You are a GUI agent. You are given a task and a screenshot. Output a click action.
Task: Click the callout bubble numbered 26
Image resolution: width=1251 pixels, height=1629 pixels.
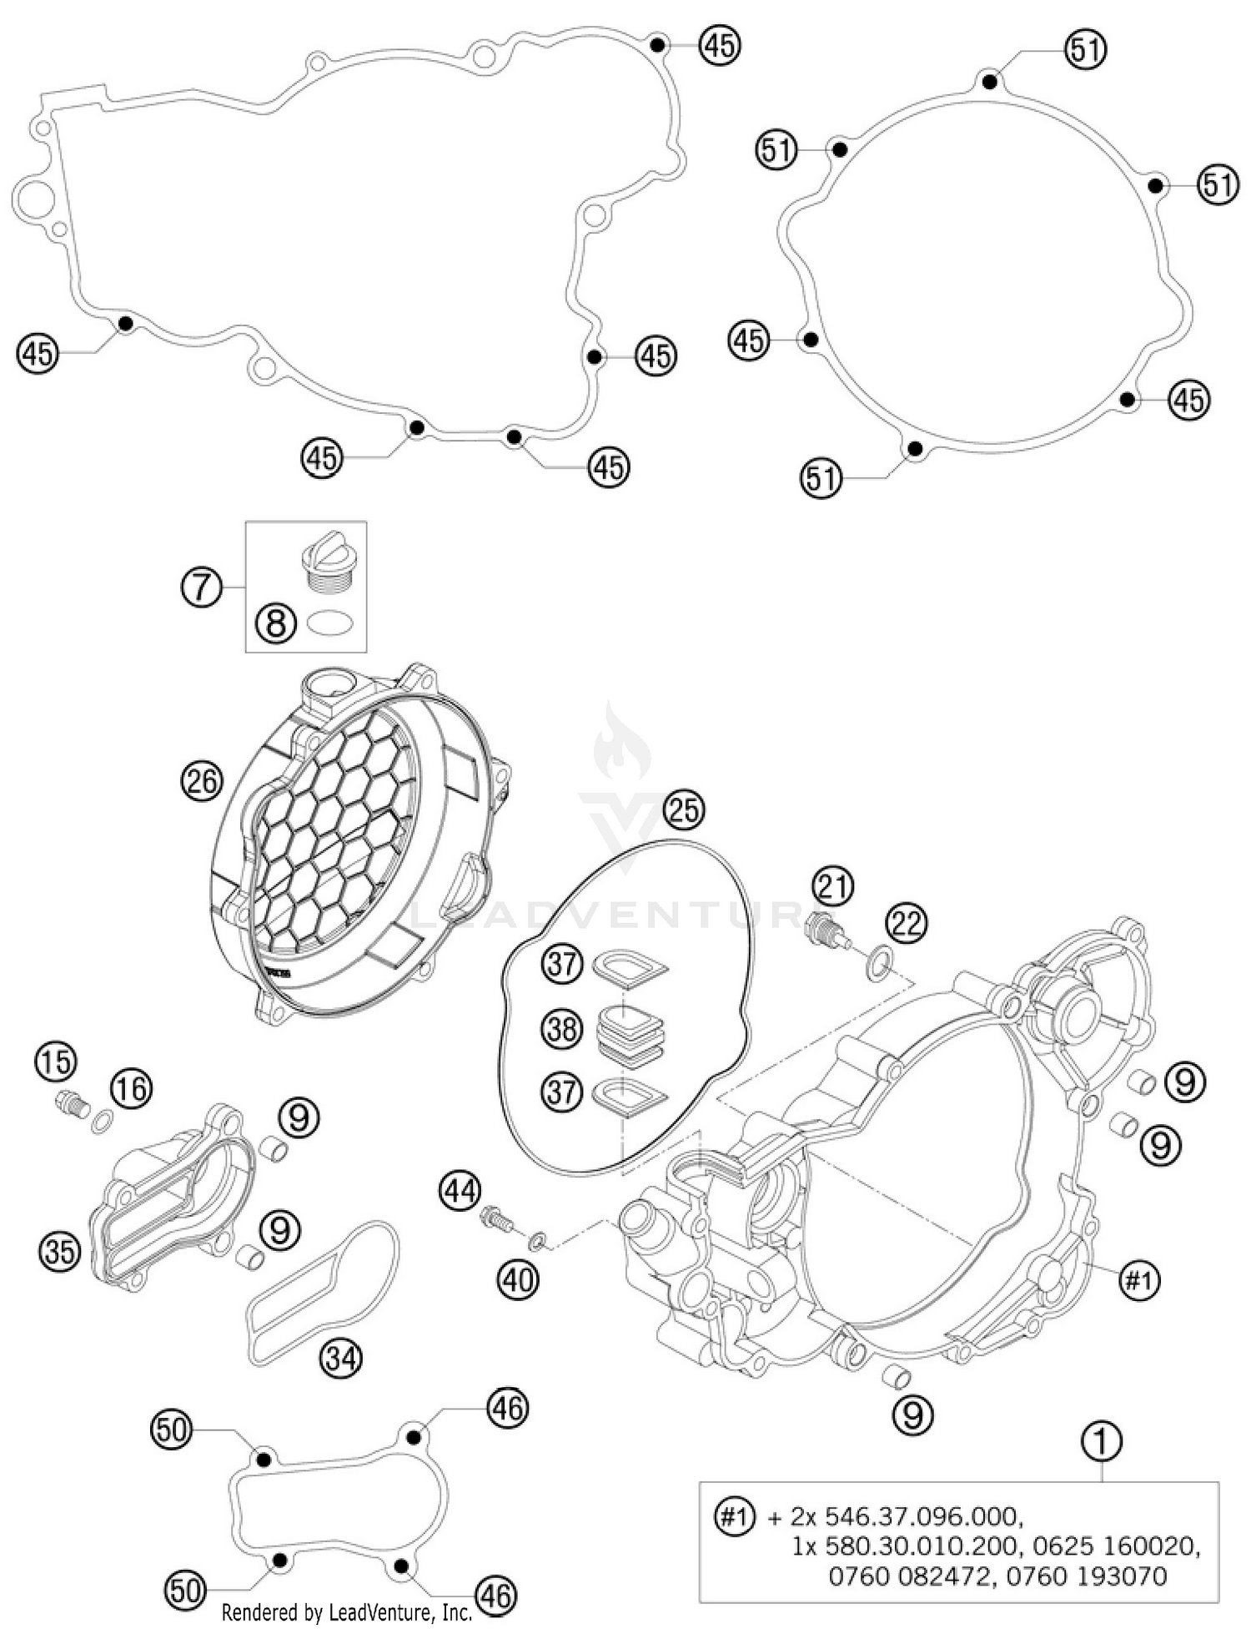point(201,781)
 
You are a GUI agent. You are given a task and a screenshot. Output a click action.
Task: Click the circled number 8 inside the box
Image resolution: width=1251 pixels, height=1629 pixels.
point(276,623)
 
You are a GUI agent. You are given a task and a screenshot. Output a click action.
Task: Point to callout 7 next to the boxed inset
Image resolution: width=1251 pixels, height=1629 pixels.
point(201,588)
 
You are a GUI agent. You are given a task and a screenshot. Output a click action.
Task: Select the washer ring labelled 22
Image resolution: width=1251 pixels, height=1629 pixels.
point(877,966)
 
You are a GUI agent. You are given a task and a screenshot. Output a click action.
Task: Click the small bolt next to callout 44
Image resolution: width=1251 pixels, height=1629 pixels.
point(497,1222)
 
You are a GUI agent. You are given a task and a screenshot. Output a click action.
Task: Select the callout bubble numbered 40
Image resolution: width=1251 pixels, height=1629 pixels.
point(519,1278)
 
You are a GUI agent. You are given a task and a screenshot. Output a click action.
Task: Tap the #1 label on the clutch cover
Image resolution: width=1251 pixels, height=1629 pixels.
point(1139,1278)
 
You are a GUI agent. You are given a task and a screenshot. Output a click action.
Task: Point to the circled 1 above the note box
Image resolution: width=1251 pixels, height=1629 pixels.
point(1101,1442)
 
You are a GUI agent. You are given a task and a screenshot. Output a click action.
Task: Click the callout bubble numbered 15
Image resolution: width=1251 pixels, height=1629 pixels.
point(55,1062)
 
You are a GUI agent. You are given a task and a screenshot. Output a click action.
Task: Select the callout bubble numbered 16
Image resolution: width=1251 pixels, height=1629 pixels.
point(131,1088)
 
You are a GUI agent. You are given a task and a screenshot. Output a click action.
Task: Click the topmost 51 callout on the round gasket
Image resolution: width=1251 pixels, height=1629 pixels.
point(1086,50)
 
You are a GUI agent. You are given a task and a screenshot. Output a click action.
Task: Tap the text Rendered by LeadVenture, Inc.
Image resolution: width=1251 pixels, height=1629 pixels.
point(347,1612)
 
